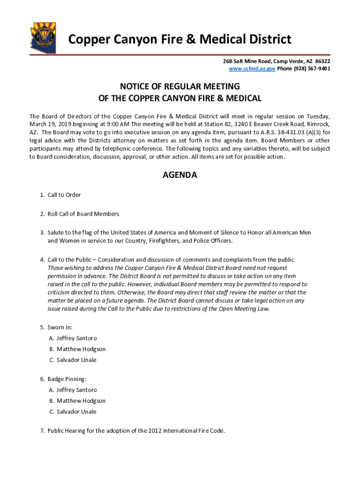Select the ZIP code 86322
coord(323,61)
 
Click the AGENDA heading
coord(180,175)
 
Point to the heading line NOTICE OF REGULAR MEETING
coord(180,87)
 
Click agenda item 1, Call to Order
coord(64,195)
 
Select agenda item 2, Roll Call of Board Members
coord(83,214)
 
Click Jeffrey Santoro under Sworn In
coord(77,338)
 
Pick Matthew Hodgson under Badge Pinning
coord(81,401)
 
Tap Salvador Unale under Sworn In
coord(76,360)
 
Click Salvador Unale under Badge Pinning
coord(76,412)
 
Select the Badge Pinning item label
coord(66,379)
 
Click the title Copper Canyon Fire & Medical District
coord(180,39)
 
